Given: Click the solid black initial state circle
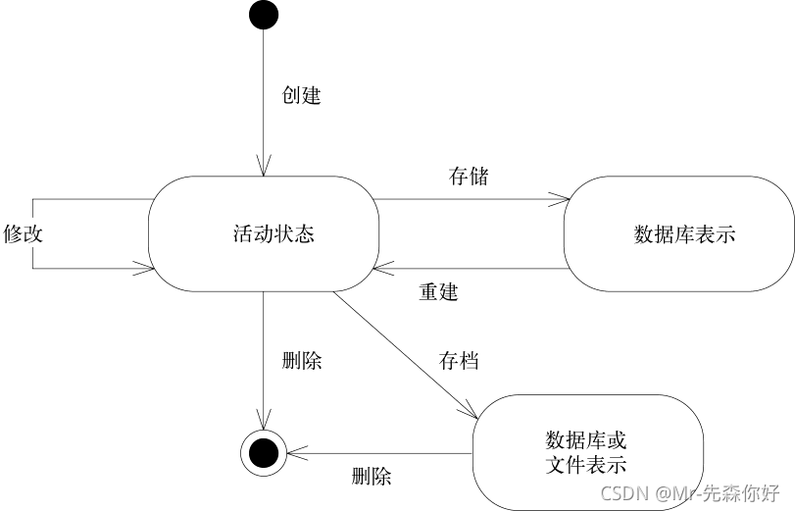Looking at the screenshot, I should [264, 16].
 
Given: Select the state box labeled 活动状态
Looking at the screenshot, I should [264, 233].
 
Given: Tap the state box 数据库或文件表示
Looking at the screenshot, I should [588, 451].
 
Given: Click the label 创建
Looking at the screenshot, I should [301, 96].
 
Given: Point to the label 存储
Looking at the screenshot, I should [469, 177].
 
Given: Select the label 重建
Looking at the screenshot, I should [438, 292].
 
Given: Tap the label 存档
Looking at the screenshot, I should [459, 360].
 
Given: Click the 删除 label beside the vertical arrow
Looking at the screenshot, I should [301, 360].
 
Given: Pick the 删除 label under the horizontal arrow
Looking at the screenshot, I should [372, 478].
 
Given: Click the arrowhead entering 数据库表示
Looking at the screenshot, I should [564, 200].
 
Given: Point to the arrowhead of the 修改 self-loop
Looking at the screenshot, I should [147, 268].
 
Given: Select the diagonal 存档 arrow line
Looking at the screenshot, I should [402, 352].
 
